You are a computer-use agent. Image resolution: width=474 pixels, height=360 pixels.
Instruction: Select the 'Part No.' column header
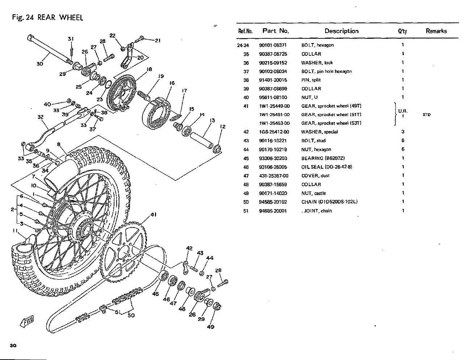click(x=276, y=31)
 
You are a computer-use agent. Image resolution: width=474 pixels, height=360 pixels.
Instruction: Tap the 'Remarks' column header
click(x=436, y=31)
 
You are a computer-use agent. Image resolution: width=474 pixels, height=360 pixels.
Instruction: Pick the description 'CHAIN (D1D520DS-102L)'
click(x=329, y=202)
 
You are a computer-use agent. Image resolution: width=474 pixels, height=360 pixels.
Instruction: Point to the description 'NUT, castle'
click(x=313, y=193)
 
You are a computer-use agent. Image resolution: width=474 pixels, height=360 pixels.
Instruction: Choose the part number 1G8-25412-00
click(x=274, y=132)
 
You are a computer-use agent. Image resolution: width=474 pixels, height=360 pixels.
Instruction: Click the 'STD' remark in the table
click(x=427, y=115)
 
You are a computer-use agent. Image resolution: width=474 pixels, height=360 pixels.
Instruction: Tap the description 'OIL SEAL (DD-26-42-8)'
click(x=327, y=167)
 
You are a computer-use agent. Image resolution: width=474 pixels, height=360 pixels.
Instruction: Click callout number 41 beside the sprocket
click(x=153, y=214)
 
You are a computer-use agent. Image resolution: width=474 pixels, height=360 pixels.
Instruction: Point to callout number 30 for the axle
click(x=40, y=64)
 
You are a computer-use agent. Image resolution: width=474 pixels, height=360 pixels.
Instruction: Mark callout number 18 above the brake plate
click(x=149, y=69)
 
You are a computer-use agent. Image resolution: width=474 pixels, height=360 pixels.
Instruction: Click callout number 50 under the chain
click(x=131, y=315)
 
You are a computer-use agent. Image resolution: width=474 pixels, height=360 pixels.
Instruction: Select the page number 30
click(x=13, y=346)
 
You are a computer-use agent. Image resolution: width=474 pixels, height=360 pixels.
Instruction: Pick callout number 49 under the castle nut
click(x=210, y=327)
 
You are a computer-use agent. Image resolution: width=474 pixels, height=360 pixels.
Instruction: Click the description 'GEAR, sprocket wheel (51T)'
click(x=331, y=115)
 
